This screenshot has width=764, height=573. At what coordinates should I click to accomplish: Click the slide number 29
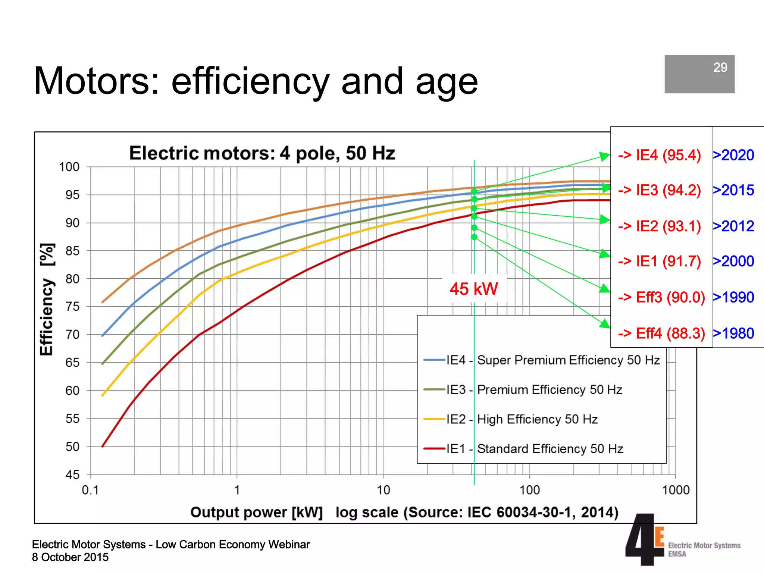pyautogui.click(x=720, y=68)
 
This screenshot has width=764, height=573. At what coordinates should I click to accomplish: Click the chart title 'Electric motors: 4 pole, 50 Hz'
pyautogui.click(x=262, y=153)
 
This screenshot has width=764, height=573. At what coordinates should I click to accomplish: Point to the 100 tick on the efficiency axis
pyautogui.click(x=69, y=167)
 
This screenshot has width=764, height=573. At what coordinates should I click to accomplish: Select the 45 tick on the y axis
pyautogui.click(x=72, y=475)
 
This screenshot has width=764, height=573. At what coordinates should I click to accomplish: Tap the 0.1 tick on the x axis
pyautogui.click(x=90, y=490)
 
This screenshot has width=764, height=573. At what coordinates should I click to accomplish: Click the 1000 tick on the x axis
pyautogui.click(x=676, y=490)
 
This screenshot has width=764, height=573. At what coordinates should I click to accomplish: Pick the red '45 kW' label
pyautogui.click(x=474, y=289)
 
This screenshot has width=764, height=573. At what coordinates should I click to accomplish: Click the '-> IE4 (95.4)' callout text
pyautogui.click(x=659, y=155)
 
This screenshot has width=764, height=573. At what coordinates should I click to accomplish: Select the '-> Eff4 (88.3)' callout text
pyautogui.click(x=661, y=333)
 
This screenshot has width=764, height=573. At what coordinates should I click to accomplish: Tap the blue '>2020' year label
pyautogui.click(x=734, y=155)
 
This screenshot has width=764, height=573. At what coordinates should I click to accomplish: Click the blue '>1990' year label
pyautogui.click(x=734, y=297)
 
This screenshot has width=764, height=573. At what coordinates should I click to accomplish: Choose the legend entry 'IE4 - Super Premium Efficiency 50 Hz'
pyautogui.click(x=542, y=360)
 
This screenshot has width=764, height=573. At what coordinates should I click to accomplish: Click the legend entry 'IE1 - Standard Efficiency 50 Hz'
pyautogui.click(x=523, y=448)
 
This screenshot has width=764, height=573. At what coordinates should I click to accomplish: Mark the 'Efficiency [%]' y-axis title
pyautogui.click(x=47, y=300)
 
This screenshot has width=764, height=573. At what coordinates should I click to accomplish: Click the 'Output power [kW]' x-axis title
pyautogui.click(x=256, y=512)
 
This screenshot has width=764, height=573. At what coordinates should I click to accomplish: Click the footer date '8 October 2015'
pyautogui.click(x=70, y=557)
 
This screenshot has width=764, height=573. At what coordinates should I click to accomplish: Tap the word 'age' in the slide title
pyautogui.click(x=447, y=81)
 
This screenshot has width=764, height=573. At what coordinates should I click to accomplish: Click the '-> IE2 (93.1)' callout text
pyautogui.click(x=659, y=226)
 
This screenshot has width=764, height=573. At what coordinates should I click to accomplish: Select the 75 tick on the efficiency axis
pyautogui.click(x=72, y=307)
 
